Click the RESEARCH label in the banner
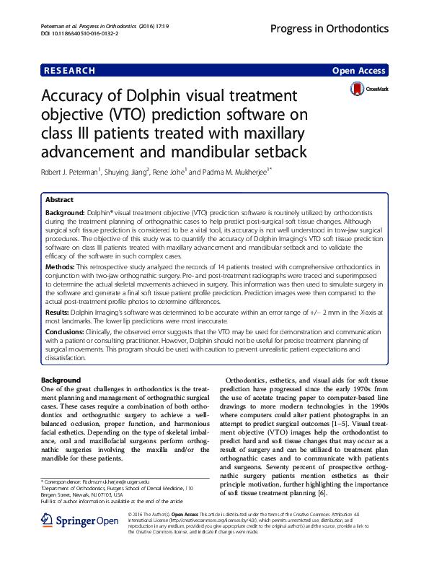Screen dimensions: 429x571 click(x=69, y=70)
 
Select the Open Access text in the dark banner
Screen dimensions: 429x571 click(x=360, y=70)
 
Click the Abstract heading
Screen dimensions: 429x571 click(x=59, y=200)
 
